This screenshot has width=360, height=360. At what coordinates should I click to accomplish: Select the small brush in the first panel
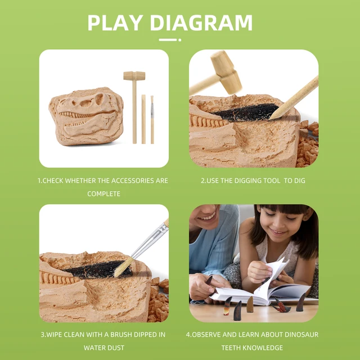pyautogui.click(x=152, y=118)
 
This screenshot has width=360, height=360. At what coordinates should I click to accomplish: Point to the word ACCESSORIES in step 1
pyautogui.click(x=123, y=181)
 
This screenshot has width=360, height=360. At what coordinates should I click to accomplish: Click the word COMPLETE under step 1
pyautogui.click(x=103, y=193)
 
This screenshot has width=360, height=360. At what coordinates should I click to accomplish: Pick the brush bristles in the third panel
pyautogui.click(x=123, y=268)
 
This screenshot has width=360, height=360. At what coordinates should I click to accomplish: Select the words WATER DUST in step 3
pyautogui.click(x=103, y=348)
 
